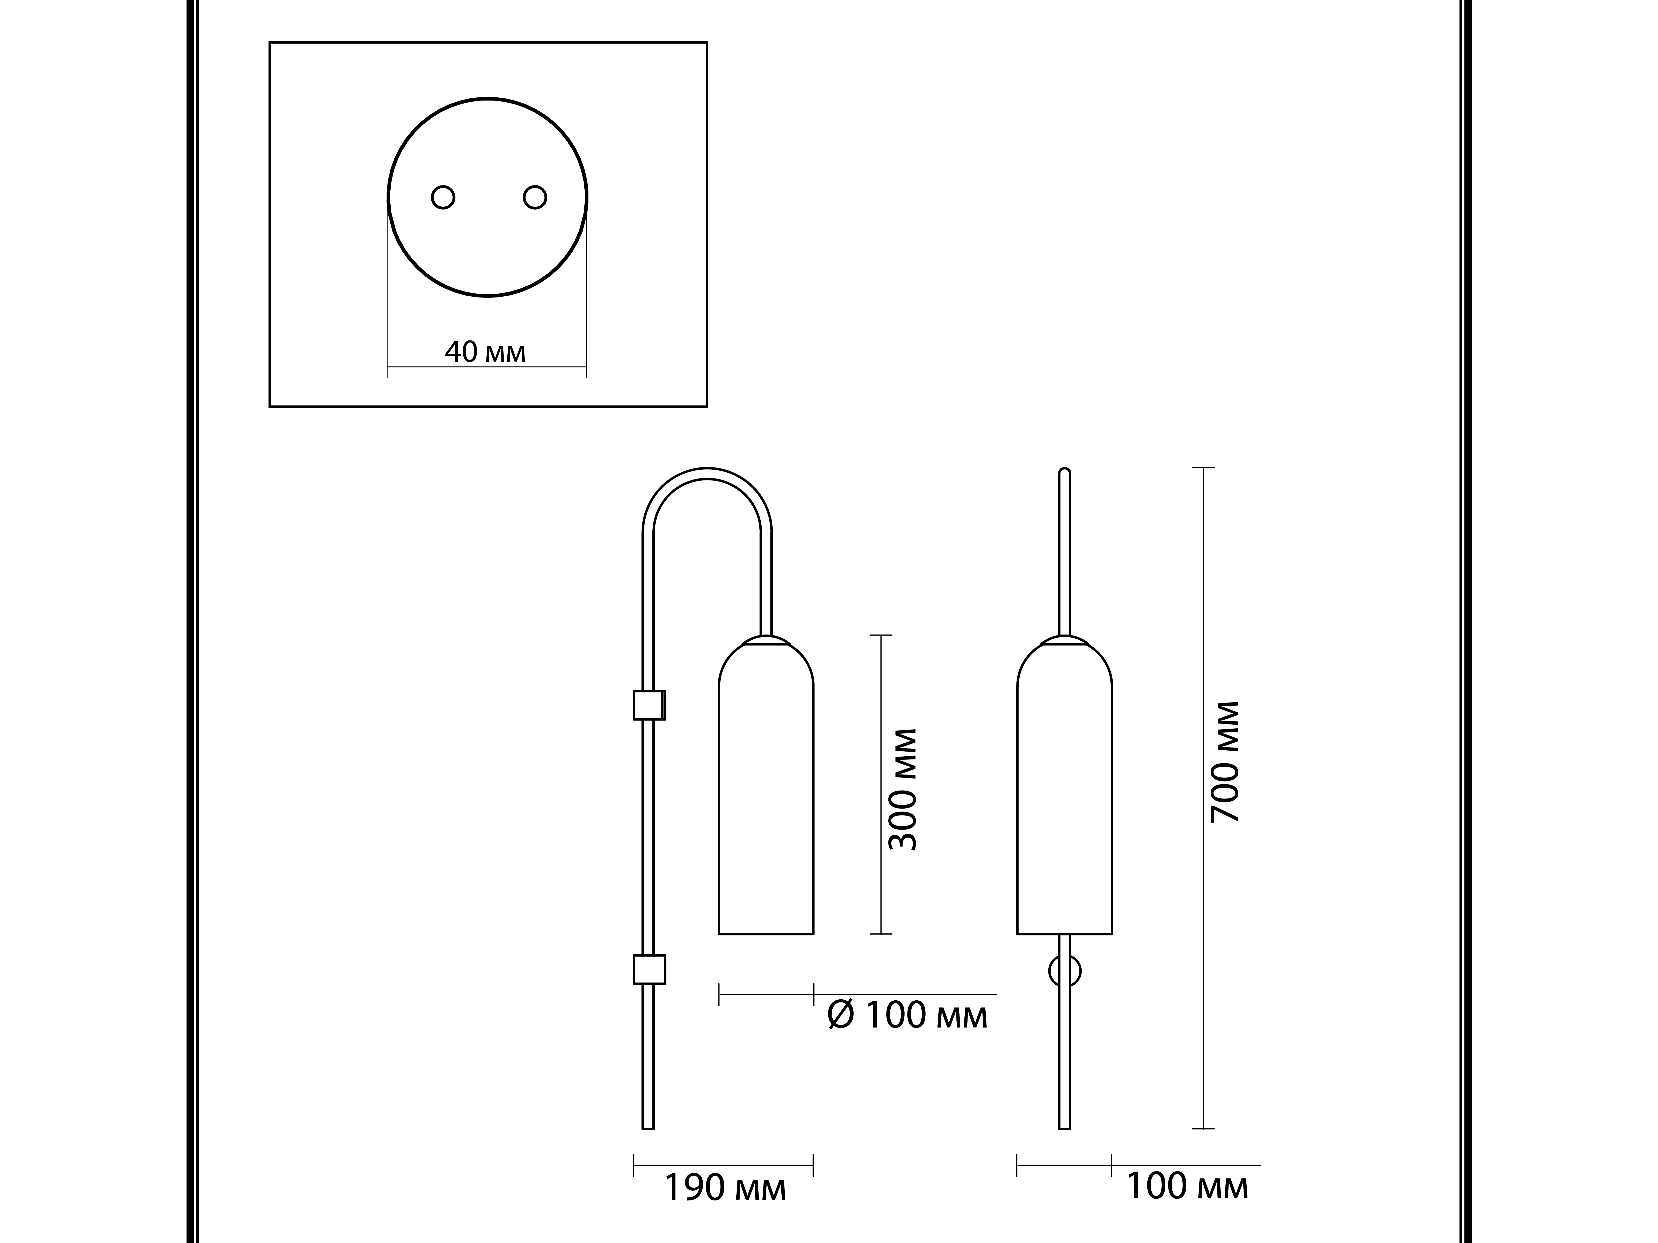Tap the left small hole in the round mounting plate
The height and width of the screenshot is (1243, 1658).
coord(443,197)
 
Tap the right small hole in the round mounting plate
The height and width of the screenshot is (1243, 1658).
coord(534,197)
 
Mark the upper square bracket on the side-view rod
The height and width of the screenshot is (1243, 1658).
coord(649,704)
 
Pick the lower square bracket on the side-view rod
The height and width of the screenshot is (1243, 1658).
coord(649,969)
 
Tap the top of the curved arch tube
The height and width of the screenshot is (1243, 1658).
coord(707,473)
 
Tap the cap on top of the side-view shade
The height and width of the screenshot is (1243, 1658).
coord(766,641)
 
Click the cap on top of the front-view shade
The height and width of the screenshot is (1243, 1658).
coord(1064,641)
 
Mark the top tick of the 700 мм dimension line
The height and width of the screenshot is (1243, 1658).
coord(1203,468)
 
